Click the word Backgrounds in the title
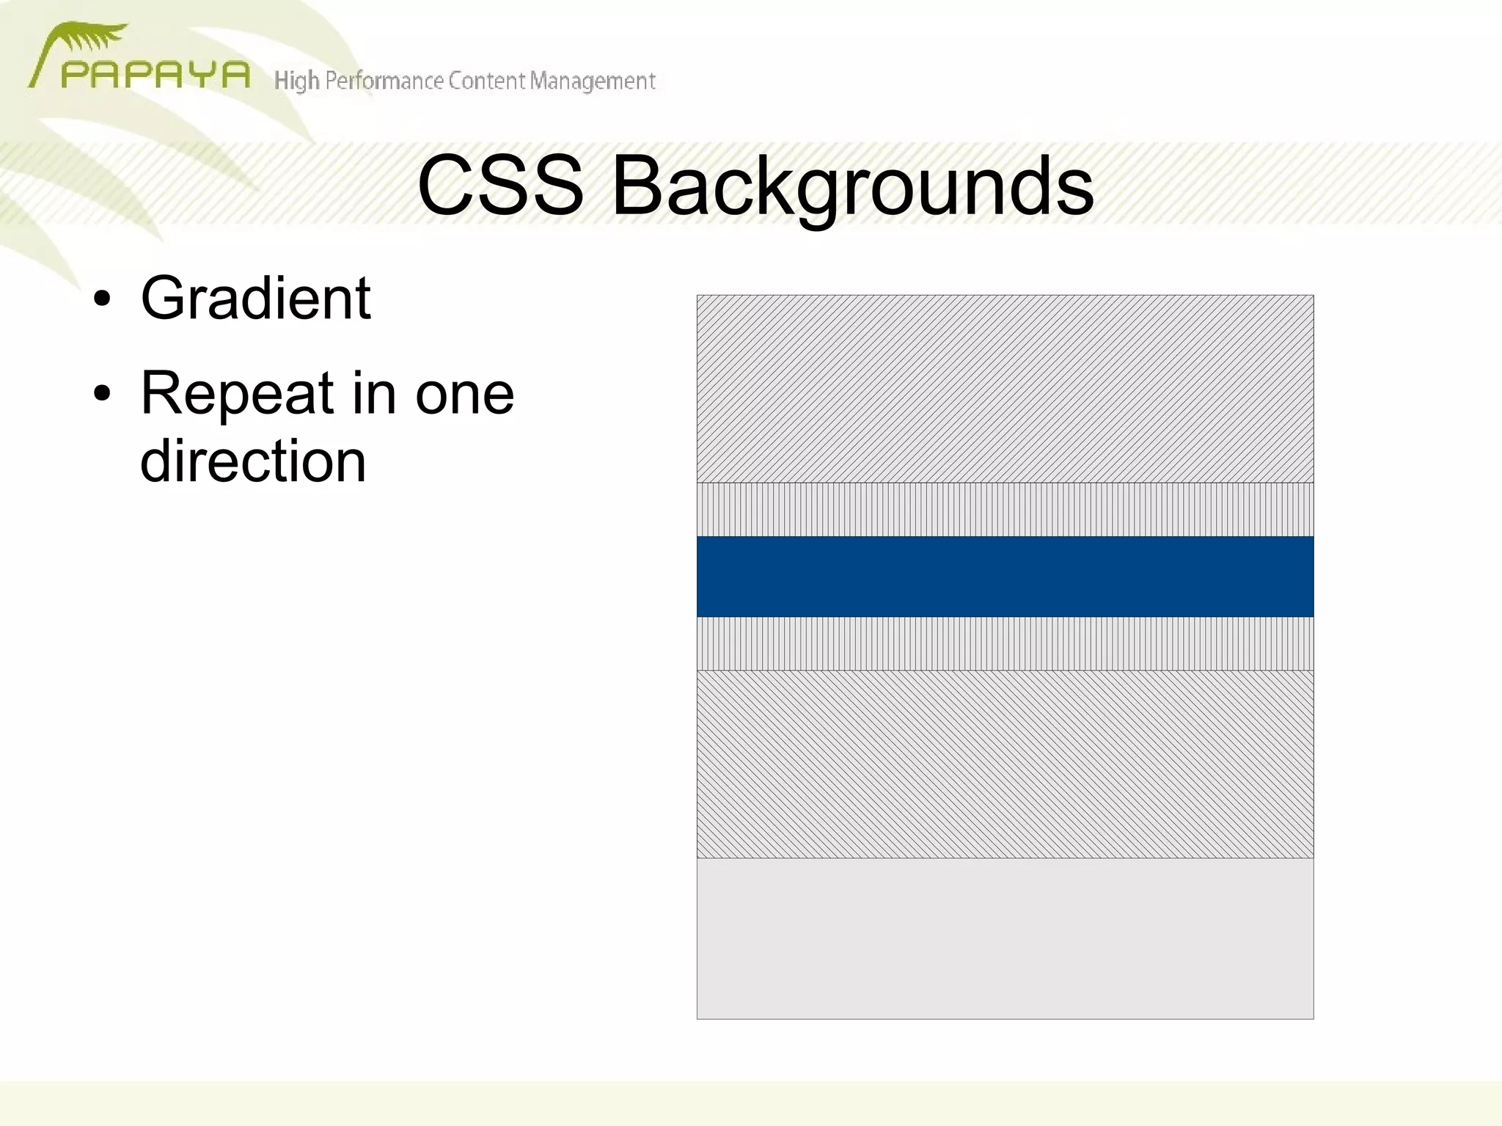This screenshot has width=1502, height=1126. tap(852, 187)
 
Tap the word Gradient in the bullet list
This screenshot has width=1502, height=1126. tap(255, 299)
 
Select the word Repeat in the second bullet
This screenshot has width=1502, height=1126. tap(236, 394)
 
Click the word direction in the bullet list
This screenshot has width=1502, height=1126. tap(253, 461)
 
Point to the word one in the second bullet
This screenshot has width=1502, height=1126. tap(465, 394)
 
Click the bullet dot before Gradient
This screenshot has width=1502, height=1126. tap(102, 300)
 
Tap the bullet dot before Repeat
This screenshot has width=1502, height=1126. tap(102, 394)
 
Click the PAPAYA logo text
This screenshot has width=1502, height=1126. tap(155, 76)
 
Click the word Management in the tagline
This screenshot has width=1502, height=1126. tap(593, 81)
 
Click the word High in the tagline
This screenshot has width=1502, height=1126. tap(296, 81)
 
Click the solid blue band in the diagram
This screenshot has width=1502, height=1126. tap(1005, 577)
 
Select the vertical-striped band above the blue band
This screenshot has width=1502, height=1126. tap(1005, 509)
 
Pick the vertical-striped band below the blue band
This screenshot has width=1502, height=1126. tap(1005, 643)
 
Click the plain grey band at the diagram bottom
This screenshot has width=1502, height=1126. tap(1005, 938)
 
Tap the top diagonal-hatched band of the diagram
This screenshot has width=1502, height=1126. tap(1005, 389)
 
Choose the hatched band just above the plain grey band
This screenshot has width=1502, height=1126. tap(1005, 764)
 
